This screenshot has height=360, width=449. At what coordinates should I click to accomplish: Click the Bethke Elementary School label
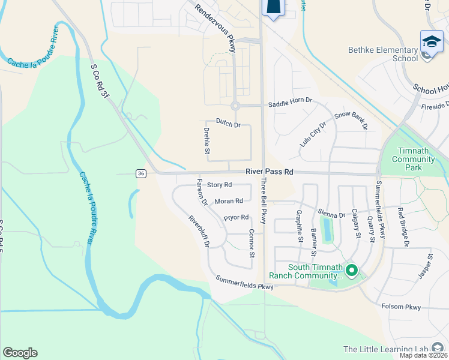pyautogui.click(x=382, y=54)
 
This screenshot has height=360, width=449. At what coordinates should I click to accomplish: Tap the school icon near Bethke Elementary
pyautogui.click(x=432, y=41)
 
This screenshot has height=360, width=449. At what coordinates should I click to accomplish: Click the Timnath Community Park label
pyautogui.click(x=413, y=159)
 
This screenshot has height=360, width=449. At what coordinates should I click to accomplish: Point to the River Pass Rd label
pyautogui.click(x=270, y=172)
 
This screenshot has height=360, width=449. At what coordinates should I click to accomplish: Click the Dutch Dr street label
pyautogui.click(x=228, y=125)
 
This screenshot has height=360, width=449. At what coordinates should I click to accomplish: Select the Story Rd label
pyautogui.click(x=219, y=185)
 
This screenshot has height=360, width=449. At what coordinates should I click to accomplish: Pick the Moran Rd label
pyautogui.click(x=229, y=201)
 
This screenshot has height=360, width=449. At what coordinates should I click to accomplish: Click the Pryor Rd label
pyautogui.click(x=236, y=217)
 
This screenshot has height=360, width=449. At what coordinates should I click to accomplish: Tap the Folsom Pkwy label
pyautogui.click(x=402, y=307)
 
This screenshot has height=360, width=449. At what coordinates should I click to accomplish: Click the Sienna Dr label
pyautogui.click(x=334, y=214)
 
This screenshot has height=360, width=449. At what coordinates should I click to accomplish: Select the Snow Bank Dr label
pyautogui.click(x=351, y=120)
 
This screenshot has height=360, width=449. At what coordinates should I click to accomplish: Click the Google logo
pyautogui.click(x=20, y=353)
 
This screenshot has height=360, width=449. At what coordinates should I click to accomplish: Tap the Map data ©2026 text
pyautogui.click(x=424, y=355)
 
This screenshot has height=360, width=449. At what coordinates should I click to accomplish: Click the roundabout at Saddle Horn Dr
pyautogui.click(x=235, y=106)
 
